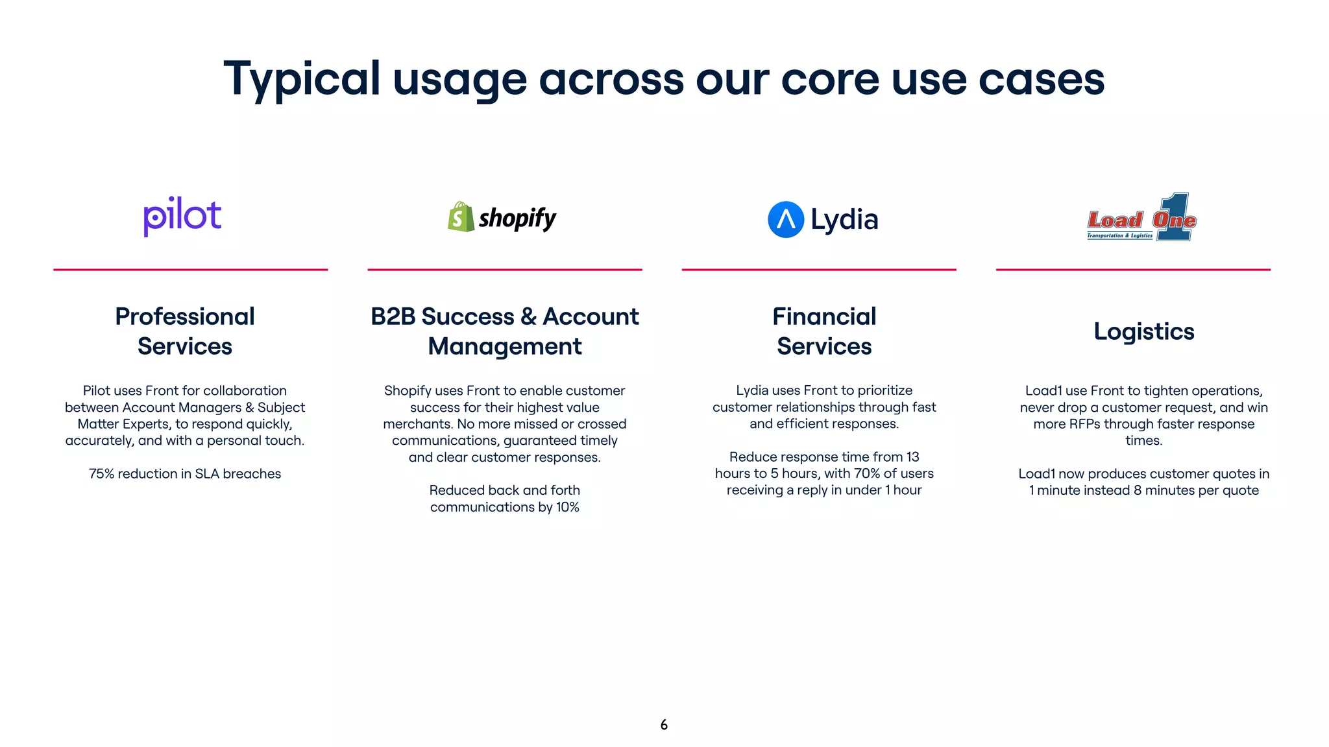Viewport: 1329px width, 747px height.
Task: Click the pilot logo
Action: pyautogui.click(x=182, y=216)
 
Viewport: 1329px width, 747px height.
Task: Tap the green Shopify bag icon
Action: pyautogui.click(x=461, y=217)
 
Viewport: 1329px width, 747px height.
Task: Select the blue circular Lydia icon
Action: pyautogui.click(x=785, y=220)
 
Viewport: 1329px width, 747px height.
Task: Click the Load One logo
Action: pyautogui.click(x=1141, y=218)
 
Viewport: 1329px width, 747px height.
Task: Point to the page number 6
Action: pyautogui.click(x=664, y=725)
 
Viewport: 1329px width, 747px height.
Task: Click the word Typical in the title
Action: pyautogui.click(x=302, y=79)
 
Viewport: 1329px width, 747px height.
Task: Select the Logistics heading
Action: pyautogui.click(x=1143, y=331)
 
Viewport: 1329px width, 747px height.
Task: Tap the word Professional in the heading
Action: pyautogui.click(x=185, y=316)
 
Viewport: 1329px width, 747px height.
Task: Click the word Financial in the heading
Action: pyautogui.click(x=824, y=316)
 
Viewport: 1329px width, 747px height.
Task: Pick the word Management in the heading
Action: pyautogui.click(x=505, y=346)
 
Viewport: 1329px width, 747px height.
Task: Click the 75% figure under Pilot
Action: pyautogui.click(x=101, y=474)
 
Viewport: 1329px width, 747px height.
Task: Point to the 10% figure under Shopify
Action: pyautogui.click(x=567, y=507)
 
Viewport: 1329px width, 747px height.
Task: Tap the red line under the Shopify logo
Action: pyautogui.click(x=505, y=270)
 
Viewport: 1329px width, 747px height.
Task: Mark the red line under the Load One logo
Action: pyautogui.click(x=1133, y=270)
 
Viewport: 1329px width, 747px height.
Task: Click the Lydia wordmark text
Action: pyautogui.click(x=844, y=220)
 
